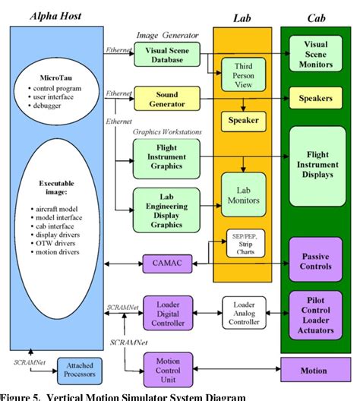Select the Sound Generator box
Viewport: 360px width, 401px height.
click(166, 97)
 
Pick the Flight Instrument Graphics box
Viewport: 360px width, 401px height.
click(166, 158)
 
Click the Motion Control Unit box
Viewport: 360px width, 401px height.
click(166, 367)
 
